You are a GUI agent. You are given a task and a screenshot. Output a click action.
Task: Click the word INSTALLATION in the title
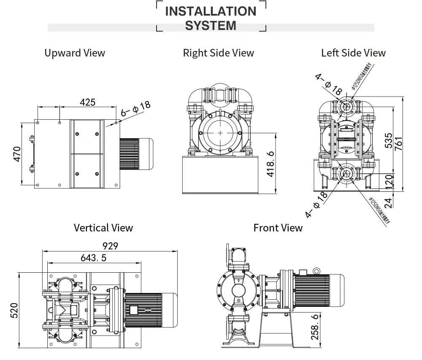tap(211, 11)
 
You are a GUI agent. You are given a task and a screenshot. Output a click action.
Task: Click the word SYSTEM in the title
tap(211, 25)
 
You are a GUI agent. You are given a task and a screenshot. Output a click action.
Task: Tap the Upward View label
tap(75, 53)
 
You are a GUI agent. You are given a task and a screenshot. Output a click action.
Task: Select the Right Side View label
tap(218, 53)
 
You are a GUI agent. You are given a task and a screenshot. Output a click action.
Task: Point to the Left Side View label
tap(353, 53)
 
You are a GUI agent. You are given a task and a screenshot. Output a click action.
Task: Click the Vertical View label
tap(103, 228)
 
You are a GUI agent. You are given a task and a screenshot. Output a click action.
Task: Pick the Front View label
tap(278, 228)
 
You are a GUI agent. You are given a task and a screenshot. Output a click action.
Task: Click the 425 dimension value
tap(87, 102)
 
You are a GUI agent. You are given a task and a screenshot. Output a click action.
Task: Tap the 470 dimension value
tap(16, 154)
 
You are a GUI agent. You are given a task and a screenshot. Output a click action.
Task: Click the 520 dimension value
tap(14, 310)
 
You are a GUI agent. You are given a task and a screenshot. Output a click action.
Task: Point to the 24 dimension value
tap(389, 202)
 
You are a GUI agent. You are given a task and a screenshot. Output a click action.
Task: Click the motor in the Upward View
tap(135, 154)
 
